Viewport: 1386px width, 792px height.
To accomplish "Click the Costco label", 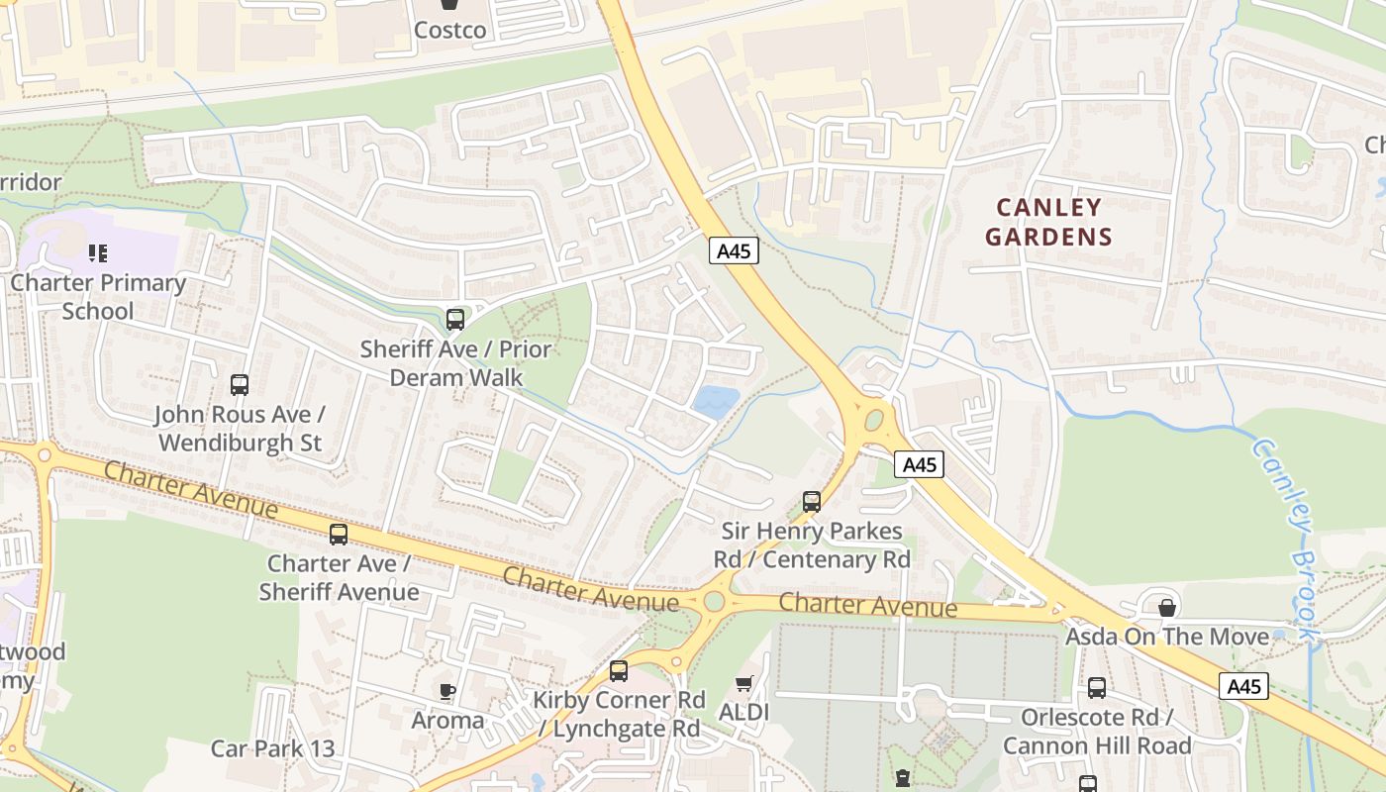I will point(449,30).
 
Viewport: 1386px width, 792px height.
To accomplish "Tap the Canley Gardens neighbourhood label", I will point(1048,222).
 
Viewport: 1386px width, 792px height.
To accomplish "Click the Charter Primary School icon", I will point(97,253).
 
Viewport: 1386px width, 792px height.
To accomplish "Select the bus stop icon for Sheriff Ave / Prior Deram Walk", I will point(455,320).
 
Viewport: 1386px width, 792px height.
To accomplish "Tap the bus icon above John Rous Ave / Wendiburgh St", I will point(240,385).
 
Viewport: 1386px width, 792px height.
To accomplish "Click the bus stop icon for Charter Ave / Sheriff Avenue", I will point(339,535).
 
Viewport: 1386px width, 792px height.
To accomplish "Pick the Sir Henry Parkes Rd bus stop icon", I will point(812,502).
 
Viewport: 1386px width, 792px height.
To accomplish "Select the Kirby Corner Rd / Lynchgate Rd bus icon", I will point(619,671).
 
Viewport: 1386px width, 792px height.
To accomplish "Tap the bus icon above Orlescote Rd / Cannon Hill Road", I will point(1097,688).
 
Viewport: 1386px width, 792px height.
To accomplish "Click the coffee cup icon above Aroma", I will point(447,691).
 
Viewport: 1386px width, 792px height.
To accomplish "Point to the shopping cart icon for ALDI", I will point(744,684).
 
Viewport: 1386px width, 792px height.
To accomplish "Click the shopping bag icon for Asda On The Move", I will point(1167,607).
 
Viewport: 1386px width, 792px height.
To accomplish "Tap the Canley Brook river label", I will point(1287,535).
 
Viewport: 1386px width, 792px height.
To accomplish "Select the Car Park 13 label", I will point(273,748).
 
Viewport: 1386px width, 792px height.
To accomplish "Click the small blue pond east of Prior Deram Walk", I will point(716,401).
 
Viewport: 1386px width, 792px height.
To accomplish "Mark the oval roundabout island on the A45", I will point(873,421).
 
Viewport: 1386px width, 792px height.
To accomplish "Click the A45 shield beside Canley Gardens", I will point(734,251).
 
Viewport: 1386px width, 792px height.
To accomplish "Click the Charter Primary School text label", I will point(97,297).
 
